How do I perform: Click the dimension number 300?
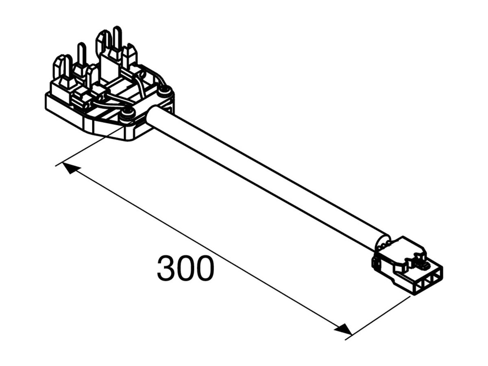pyautogui.click(x=185, y=269)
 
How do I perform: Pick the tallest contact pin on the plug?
pyautogui.click(x=117, y=39)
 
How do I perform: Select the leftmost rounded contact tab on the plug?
pyautogui.click(x=59, y=67)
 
